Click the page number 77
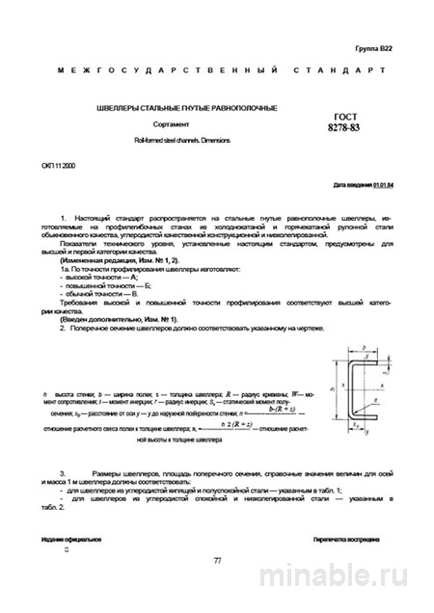pyautogui.click(x=217, y=560)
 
